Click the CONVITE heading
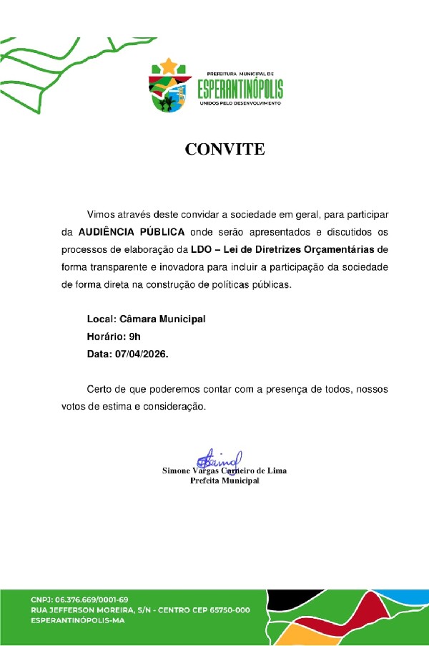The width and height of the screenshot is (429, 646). pyautogui.click(x=225, y=150)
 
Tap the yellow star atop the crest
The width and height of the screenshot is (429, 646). pyautogui.click(x=169, y=67)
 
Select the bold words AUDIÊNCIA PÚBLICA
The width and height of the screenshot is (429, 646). pyautogui.click(x=132, y=232)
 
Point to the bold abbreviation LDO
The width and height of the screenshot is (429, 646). pyautogui.click(x=202, y=250)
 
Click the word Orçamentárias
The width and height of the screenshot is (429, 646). pyautogui.click(x=342, y=250)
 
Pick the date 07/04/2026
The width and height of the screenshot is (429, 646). pyautogui.click(x=142, y=354)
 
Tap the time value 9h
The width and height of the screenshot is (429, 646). pyautogui.click(x=134, y=336)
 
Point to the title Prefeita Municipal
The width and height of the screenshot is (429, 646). pyautogui.click(x=225, y=481)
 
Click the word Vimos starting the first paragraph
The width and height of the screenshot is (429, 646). pyautogui.click(x=101, y=214)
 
